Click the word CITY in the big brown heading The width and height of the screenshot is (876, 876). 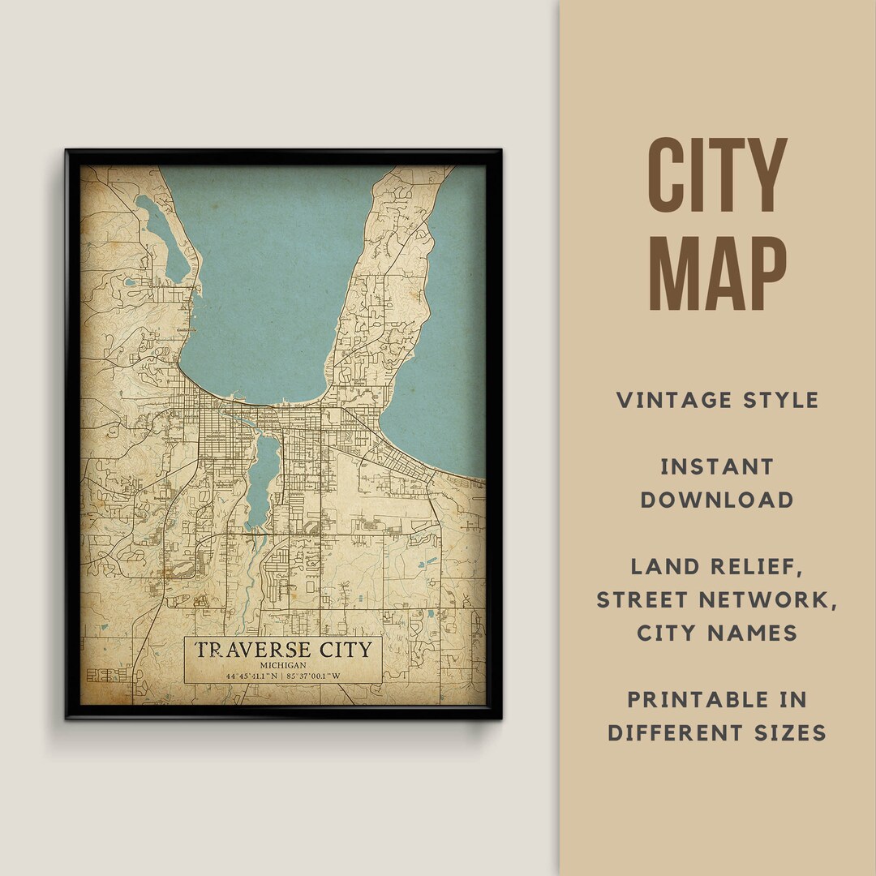click(x=717, y=176)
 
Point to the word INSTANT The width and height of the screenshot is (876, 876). click(x=717, y=466)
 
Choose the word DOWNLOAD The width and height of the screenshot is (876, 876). click(x=717, y=500)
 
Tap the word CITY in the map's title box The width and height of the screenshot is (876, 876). click(x=341, y=650)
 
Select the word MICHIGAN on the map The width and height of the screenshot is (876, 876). click(x=282, y=665)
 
